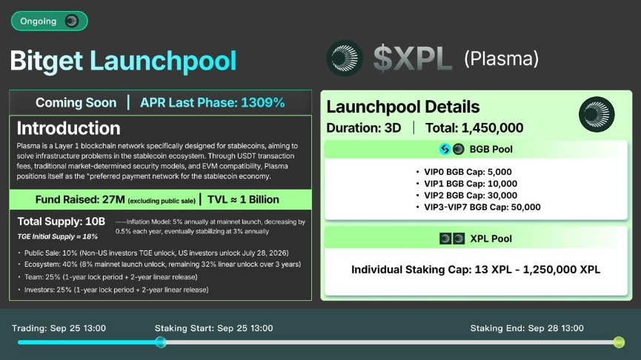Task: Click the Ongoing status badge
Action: (49, 21)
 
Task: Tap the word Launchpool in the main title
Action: (163, 61)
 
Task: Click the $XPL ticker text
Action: (413, 59)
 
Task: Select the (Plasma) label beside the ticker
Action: (501, 59)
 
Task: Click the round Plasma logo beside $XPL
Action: (345, 58)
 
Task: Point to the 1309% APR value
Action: (263, 102)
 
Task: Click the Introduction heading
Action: (69, 128)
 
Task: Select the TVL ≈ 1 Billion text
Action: (243, 199)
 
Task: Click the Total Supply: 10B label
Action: (62, 221)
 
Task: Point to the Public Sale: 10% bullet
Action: (156, 253)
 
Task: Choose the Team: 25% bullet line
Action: (110, 277)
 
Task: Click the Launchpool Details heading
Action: (402, 107)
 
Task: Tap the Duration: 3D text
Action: (363, 128)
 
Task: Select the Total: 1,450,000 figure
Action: (474, 128)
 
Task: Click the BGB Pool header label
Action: (491, 149)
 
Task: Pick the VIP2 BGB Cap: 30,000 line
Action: (471, 196)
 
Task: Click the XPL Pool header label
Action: (491, 239)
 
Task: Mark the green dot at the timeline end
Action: (619, 342)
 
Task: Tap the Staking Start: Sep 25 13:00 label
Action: (214, 328)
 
